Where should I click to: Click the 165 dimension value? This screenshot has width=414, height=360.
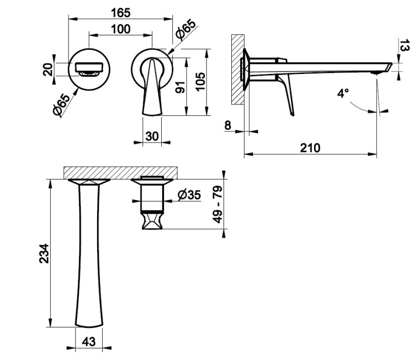coord(120,13)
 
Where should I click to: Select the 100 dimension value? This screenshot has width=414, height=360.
coord(120,29)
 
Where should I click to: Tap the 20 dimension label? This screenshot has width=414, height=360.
coord(48,70)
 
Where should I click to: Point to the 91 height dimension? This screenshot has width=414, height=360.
coord(181,87)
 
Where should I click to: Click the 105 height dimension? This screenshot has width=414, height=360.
coord(201,81)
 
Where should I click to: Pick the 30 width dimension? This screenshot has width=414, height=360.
coord(152,136)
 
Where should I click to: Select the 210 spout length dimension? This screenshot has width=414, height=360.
coord(310,148)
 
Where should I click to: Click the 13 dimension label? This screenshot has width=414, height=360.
coord(405,45)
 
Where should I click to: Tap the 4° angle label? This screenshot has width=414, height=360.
coord(343,93)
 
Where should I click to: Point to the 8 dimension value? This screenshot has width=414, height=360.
coord(227,125)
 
